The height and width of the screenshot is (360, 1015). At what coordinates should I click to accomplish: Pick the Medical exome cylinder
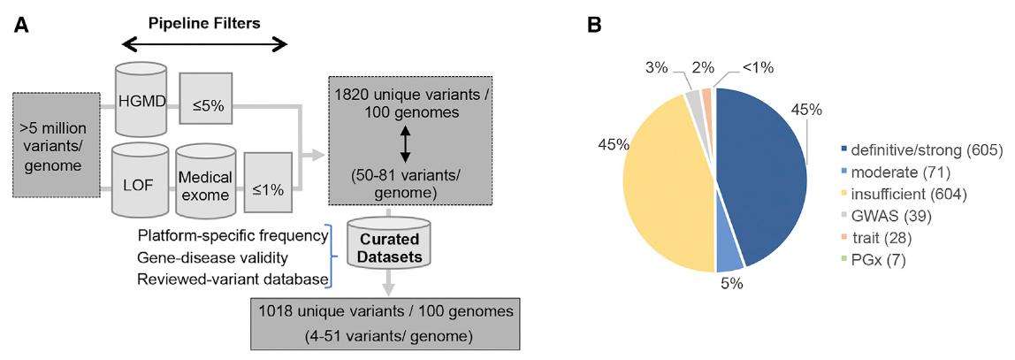(x=207, y=187)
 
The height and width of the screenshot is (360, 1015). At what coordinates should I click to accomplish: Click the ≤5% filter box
(x=208, y=105)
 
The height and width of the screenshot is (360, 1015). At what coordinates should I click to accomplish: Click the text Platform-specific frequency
(x=233, y=236)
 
